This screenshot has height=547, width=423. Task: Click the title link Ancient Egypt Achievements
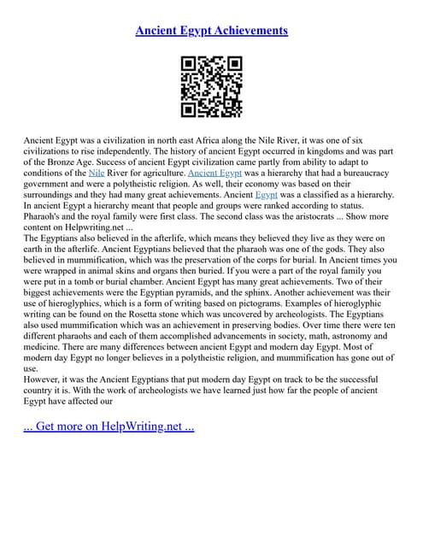tap(211, 30)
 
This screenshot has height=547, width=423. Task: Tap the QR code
tap(211, 86)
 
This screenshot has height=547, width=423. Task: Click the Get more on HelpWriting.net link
tap(109, 426)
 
